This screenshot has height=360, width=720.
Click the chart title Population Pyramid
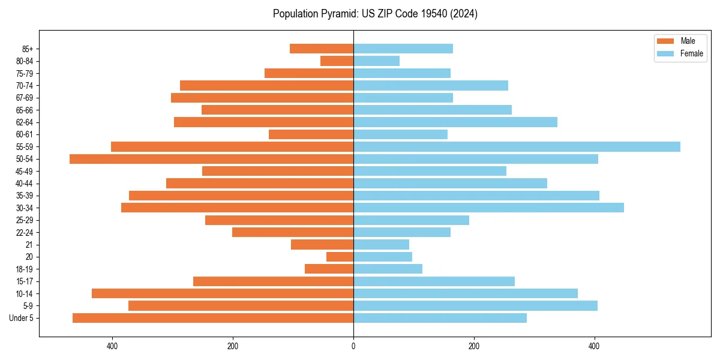(x=375, y=14)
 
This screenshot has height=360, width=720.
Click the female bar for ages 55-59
(x=517, y=146)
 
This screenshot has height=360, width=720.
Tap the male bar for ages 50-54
(x=211, y=159)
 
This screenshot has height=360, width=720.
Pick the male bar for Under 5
(x=213, y=318)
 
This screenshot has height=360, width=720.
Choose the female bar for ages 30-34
(x=488, y=208)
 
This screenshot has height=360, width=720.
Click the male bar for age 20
(x=340, y=257)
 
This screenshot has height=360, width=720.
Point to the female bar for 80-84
(x=376, y=61)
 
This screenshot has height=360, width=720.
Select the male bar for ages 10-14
(x=223, y=293)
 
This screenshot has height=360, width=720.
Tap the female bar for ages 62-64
(x=455, y=122)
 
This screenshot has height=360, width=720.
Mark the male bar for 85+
(x=322, y=49)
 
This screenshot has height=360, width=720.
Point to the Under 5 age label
(x=22, y=318)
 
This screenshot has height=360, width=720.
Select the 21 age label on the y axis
(x=29, y=245)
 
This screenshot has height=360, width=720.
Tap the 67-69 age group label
(x=25, y=98)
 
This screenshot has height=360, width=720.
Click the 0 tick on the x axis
(x=353, y=346)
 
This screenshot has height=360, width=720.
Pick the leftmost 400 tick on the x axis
(x=112, y=346)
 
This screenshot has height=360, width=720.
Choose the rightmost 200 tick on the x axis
(x=474, y=346)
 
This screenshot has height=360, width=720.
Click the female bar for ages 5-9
(x=475, y=306)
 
